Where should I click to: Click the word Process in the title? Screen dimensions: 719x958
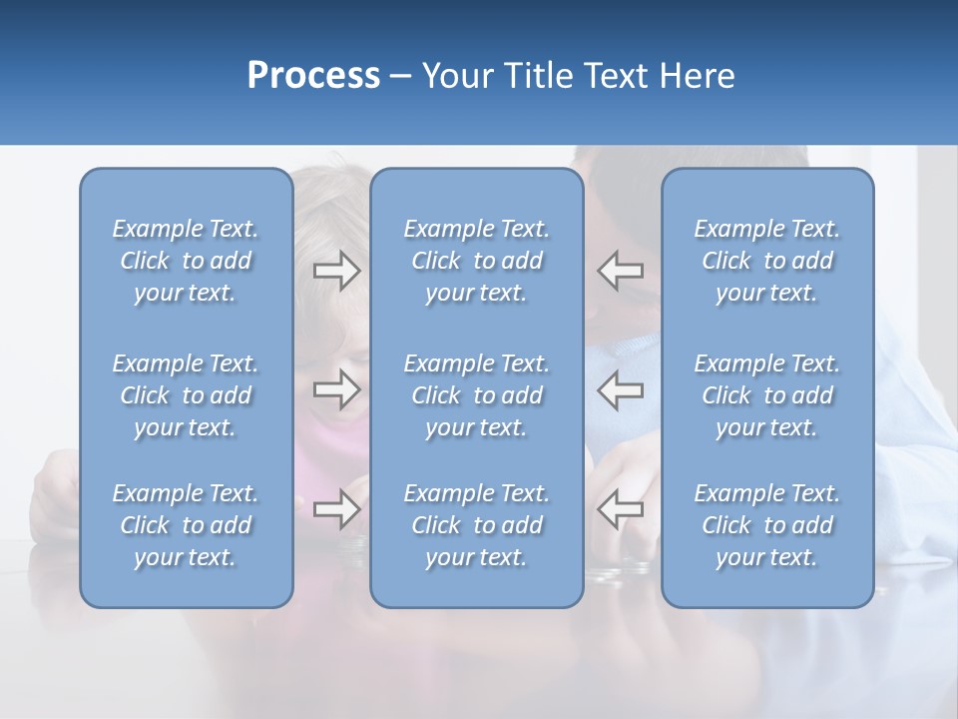[x=313, y=76]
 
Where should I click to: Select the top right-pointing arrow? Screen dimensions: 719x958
[x=336, y=271]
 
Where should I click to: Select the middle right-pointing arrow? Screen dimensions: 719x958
[x=336, y=389]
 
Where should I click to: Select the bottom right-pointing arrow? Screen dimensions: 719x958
[x=336, y=509]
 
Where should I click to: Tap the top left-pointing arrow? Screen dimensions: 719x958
[x=621, y=271]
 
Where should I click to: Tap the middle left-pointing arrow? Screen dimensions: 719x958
[x=621, y=389]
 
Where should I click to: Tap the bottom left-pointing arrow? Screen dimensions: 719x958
[x=621, y=509]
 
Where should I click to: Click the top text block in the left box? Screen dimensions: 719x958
[x=186, y=261]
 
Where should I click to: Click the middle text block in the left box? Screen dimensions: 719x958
[x=186, y=395]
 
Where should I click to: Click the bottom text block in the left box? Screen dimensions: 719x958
[x=186, y=525]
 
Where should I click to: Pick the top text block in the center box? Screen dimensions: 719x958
[x=476, y=261]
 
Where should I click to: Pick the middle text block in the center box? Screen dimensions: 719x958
[x=476, y=395]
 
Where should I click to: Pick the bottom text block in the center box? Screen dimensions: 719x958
[x=476, y=525]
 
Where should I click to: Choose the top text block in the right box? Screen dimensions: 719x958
[x=766, y=261]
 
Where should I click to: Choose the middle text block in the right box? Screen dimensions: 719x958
[x=766, y=395]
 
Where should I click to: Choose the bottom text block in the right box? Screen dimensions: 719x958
[x=766, y=525]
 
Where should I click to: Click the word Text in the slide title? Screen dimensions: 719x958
[x=614, y=76]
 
